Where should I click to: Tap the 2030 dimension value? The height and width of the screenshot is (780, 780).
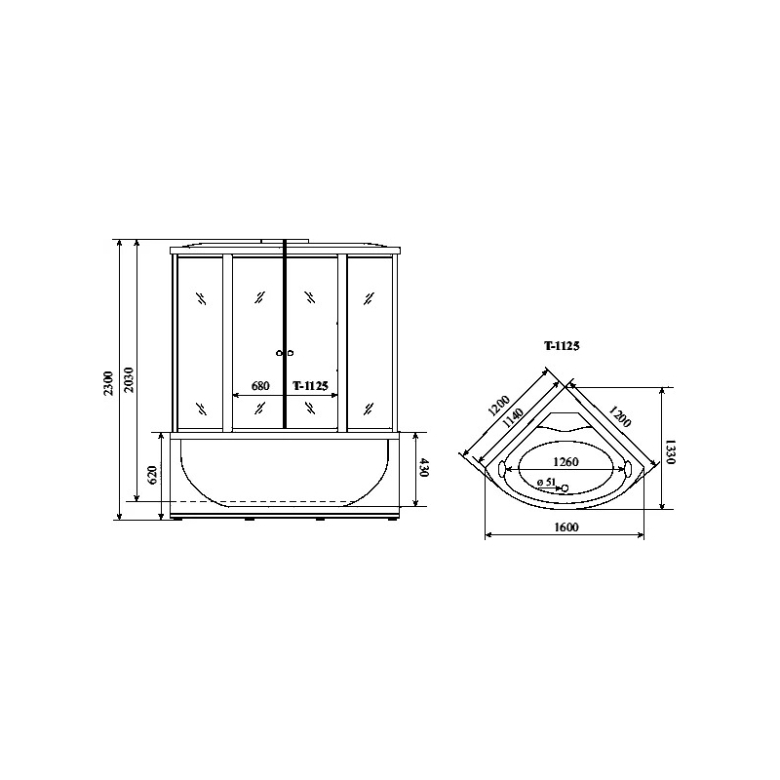point(129,379)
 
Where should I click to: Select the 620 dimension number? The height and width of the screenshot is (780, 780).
point(153,474)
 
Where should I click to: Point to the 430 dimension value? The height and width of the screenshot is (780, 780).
point(423,467)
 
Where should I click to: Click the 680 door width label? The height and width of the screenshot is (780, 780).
point(260,385)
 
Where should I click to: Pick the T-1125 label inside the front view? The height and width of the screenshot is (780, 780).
point(310,385)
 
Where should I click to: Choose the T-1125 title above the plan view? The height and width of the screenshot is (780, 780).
point(562,346)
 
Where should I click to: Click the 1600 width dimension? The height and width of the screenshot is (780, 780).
point(566,526)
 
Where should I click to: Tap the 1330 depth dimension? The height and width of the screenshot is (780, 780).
point(670,451)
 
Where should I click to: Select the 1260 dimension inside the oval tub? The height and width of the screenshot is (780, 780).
point(566,461)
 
